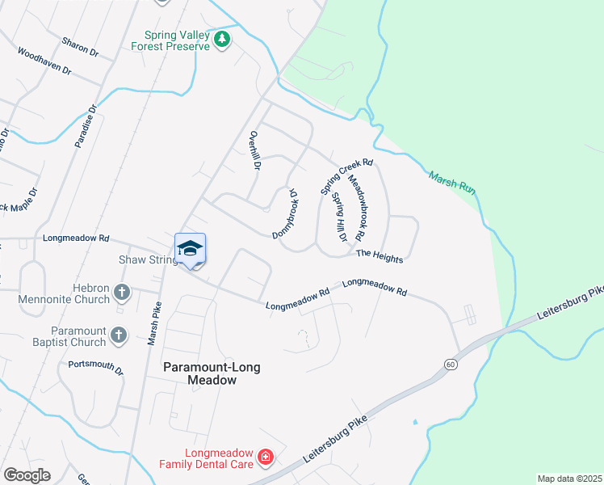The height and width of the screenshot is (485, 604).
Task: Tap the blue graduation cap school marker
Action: pos(190,247)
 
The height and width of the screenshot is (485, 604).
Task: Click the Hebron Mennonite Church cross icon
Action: pos(121,292)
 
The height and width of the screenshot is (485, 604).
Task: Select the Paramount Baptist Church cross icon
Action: pos(118,335)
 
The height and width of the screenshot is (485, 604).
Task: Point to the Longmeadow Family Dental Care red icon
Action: pos(266,459)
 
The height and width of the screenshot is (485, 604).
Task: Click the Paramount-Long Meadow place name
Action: pos(200,373)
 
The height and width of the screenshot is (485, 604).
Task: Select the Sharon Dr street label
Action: pos(80,46)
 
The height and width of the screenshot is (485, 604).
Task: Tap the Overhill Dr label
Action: pos(256,150)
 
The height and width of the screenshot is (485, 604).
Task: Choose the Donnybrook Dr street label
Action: pos(285,213)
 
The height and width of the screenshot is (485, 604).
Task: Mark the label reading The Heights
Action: pos(379,255)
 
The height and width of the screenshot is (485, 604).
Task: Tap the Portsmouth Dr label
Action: pos(95,368)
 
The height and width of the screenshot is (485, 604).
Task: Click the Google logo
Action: pos(27,475)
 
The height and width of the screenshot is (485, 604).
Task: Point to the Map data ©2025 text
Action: pos(568,479)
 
